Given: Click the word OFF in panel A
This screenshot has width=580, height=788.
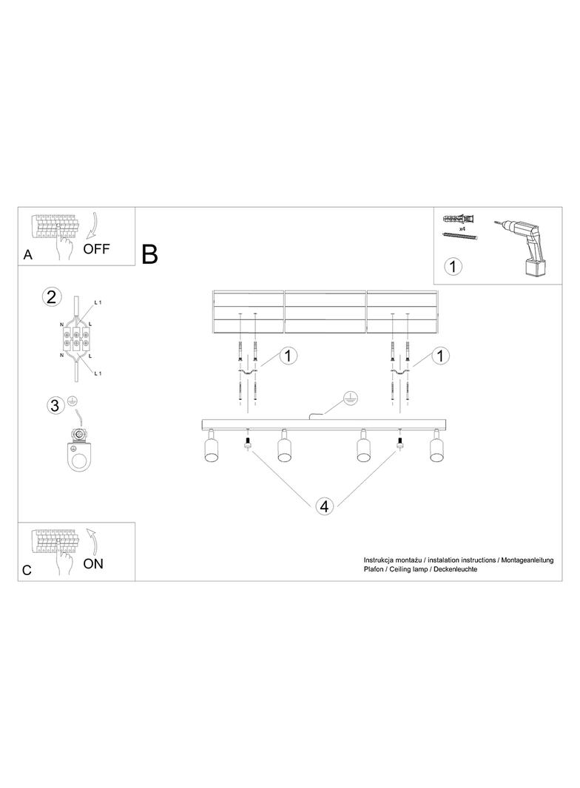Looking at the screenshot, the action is [x=96, y=248].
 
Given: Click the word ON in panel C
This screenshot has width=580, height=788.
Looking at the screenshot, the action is [x=93, y=564].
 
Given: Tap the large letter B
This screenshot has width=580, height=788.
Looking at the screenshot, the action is [x=150, y=254].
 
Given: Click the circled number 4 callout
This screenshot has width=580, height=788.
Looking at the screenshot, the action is [x=324, y=506].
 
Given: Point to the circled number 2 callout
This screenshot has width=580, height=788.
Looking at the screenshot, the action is [x=51, y=296].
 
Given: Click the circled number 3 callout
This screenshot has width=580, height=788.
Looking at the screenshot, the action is [x=55, y=405].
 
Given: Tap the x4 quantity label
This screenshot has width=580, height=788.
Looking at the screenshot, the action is [x=462, y=228].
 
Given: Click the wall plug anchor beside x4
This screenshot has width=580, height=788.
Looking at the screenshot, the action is [x=459, y=220].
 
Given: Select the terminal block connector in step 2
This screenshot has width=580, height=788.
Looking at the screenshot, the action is [x=75, y=338].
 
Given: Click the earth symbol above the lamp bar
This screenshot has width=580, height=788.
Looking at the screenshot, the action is [x=350, y=398].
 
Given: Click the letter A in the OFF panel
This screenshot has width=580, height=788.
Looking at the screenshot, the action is [x=27, y=255].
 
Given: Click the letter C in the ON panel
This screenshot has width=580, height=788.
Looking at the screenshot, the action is [x=27, y=571].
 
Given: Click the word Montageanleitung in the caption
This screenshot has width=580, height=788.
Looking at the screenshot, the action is [x=527, y=560].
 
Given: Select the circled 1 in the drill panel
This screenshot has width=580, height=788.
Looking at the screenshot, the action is [x=453, y=266].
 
